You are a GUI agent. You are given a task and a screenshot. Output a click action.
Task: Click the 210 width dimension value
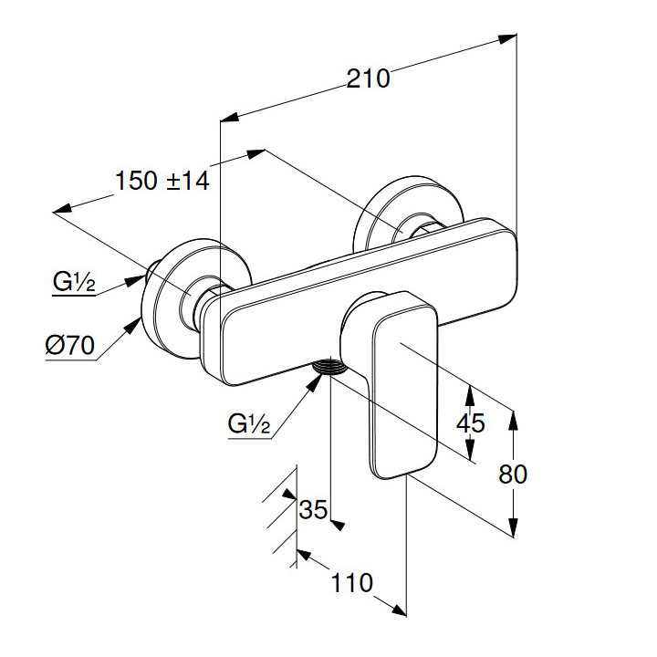click(368, 79)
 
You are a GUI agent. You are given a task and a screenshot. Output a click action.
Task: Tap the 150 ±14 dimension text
click(162, 181)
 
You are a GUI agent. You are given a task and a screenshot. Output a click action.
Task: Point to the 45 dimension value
click(470, 423)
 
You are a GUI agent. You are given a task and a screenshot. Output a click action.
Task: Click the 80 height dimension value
click(514, 474)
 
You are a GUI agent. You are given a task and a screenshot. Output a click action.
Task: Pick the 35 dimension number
click(313, 510)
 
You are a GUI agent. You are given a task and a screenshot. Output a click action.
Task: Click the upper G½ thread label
click(72, 282)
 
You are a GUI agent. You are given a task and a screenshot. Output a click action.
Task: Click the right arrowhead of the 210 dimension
click(510, 38)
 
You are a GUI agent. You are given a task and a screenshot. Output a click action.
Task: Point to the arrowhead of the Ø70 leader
click(137, 321)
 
